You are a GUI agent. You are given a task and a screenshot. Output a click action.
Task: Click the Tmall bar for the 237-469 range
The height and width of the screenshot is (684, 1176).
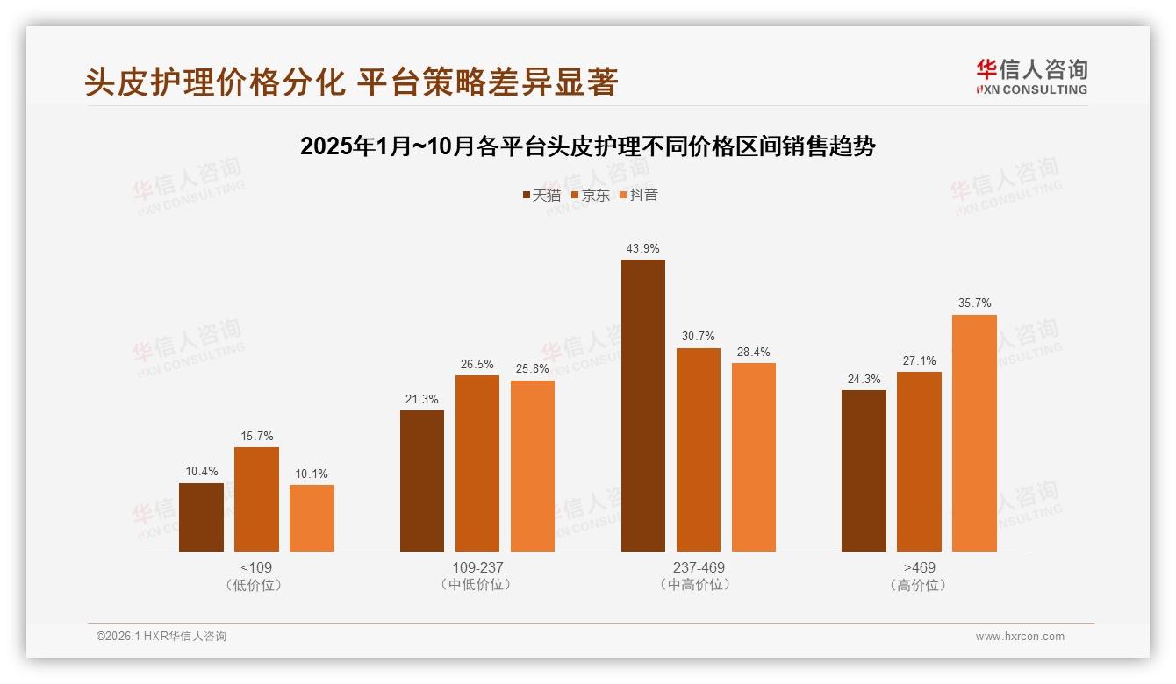click(x=642, y=405)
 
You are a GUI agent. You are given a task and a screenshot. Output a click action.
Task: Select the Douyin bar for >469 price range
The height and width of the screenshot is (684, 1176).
click(x=974, y=433)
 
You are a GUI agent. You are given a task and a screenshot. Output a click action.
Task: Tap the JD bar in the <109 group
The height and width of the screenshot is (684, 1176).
click(x=256, y=499)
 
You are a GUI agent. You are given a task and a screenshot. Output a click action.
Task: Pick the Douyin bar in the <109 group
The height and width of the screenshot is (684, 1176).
click(x=312, y=518)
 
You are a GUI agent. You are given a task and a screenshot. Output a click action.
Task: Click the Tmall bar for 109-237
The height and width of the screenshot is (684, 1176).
click(x=422, y=481)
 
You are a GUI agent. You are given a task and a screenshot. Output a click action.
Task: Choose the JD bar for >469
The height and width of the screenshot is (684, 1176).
click(x=919, y=461)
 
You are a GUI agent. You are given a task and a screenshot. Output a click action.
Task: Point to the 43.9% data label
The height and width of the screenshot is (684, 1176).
click(x=642, y=248)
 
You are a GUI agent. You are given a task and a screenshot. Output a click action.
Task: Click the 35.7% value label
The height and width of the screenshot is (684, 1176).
click(x=974, y=303)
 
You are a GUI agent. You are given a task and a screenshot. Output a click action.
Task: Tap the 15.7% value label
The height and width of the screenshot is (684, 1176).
click(x=256, y=436)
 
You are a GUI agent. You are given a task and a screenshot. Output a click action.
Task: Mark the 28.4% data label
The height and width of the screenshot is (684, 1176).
click(x=753, y=352)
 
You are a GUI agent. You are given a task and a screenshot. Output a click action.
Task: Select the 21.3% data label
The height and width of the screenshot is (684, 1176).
click(x=422, y=399)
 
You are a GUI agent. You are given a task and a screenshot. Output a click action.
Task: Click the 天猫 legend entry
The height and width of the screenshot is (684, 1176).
click(x=541, y=196)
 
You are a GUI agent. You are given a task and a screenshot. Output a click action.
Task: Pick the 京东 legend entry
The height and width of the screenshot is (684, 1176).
click(x=591, y=196)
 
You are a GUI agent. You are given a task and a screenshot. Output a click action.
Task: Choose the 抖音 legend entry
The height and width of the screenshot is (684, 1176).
click(x=639, y=196)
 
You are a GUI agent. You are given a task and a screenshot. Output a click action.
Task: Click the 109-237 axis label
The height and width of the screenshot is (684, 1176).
click(x=477, y=567)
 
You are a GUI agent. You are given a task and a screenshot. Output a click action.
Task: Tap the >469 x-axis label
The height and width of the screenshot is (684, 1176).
click(x=919, y=567)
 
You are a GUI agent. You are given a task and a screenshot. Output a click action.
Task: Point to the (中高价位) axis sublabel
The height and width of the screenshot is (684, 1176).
click(x=698, y=585)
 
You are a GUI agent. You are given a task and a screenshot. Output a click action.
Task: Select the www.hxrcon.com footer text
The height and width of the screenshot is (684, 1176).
click(x=1020, y=637)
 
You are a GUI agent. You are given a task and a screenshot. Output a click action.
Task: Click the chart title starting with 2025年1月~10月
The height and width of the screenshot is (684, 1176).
click(x=587, y=146)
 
